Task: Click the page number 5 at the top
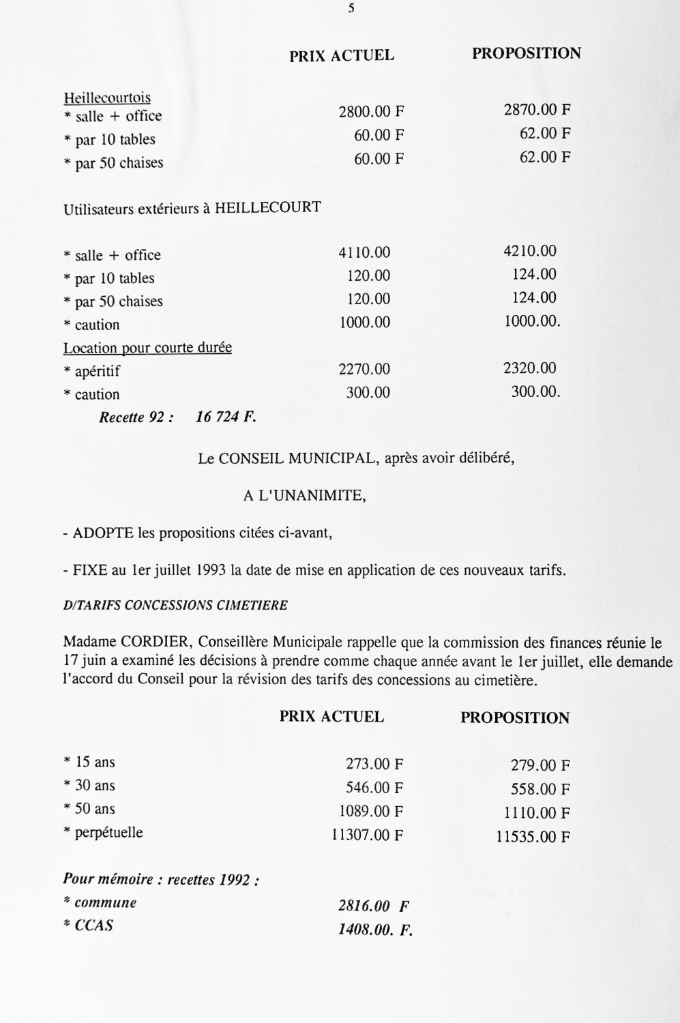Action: click(x=351, y=9)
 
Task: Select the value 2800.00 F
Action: click(x=371, y=112)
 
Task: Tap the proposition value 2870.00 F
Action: click(x=537, y=109)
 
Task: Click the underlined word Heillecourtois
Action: click(x=107, y=98)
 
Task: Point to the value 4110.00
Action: click(x=364, y=252)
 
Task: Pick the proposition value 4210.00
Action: click(x=530, y=250)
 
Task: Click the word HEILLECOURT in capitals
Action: click(x=268, y=207)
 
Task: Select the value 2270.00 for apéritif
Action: click(x=364, y=369)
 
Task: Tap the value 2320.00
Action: click(x=530, y=368)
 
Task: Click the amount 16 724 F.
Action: click(x=226, y=417)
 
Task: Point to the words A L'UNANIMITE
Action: click(x=304, y=496)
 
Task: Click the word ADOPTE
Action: click(x=103, y=533)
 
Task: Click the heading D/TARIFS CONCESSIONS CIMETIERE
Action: click(x=175, y=605)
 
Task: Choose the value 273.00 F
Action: click(x=374, y=765)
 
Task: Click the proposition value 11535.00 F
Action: click(x=533, y=837)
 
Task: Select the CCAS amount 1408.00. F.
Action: click(x=375, y=930)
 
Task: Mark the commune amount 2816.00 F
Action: click(x=373, y=906)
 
